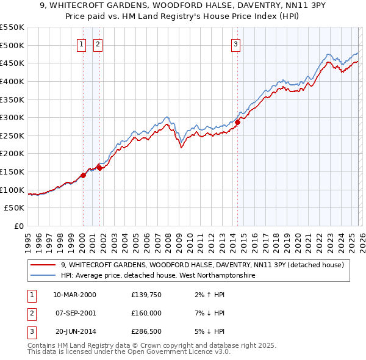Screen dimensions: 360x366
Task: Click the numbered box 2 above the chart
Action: [98, 43]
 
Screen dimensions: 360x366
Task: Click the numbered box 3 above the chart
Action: [235, 43]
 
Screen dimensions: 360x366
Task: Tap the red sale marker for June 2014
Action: [237, 122]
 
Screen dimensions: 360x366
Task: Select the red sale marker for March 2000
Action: [83, 175]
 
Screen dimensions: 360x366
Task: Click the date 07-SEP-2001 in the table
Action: [74, 313]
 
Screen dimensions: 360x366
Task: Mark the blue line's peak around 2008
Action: [167, 116]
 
